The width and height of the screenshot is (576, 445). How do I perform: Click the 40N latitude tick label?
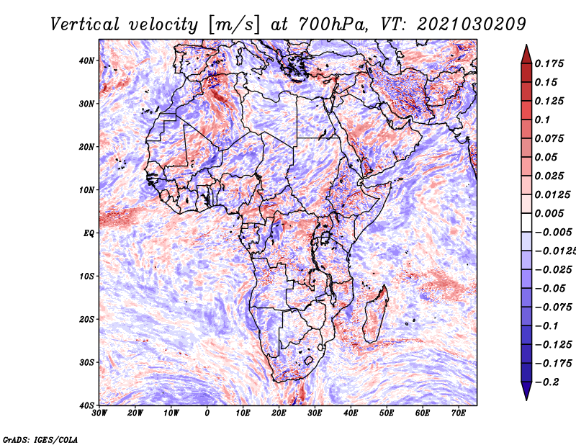(86, 60)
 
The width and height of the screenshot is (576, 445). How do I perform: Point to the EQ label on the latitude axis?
(89, 233)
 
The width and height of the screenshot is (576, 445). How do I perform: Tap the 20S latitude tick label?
(86, 319)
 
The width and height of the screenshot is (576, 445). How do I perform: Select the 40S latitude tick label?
(86, 405)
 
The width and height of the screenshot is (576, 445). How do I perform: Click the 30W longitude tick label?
(99, 413)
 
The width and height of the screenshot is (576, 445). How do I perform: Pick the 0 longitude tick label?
(207, 413)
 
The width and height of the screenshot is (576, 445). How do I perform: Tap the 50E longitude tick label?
(387, 413)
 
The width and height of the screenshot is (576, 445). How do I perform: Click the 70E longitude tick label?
(459, 413)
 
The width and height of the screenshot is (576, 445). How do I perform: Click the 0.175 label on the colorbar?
(549, 63)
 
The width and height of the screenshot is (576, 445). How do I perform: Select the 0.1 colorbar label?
(542, 120)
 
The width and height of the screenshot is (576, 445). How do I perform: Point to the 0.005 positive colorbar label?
(549, 213)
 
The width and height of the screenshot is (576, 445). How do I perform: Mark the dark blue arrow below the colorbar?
(526, 390)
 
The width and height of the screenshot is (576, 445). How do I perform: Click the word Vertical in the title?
(85, 24)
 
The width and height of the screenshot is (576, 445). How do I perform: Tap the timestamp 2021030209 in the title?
(472, 24)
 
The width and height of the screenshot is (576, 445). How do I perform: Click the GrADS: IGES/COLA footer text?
(40, 440)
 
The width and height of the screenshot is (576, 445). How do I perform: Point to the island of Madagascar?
(376, 314)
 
